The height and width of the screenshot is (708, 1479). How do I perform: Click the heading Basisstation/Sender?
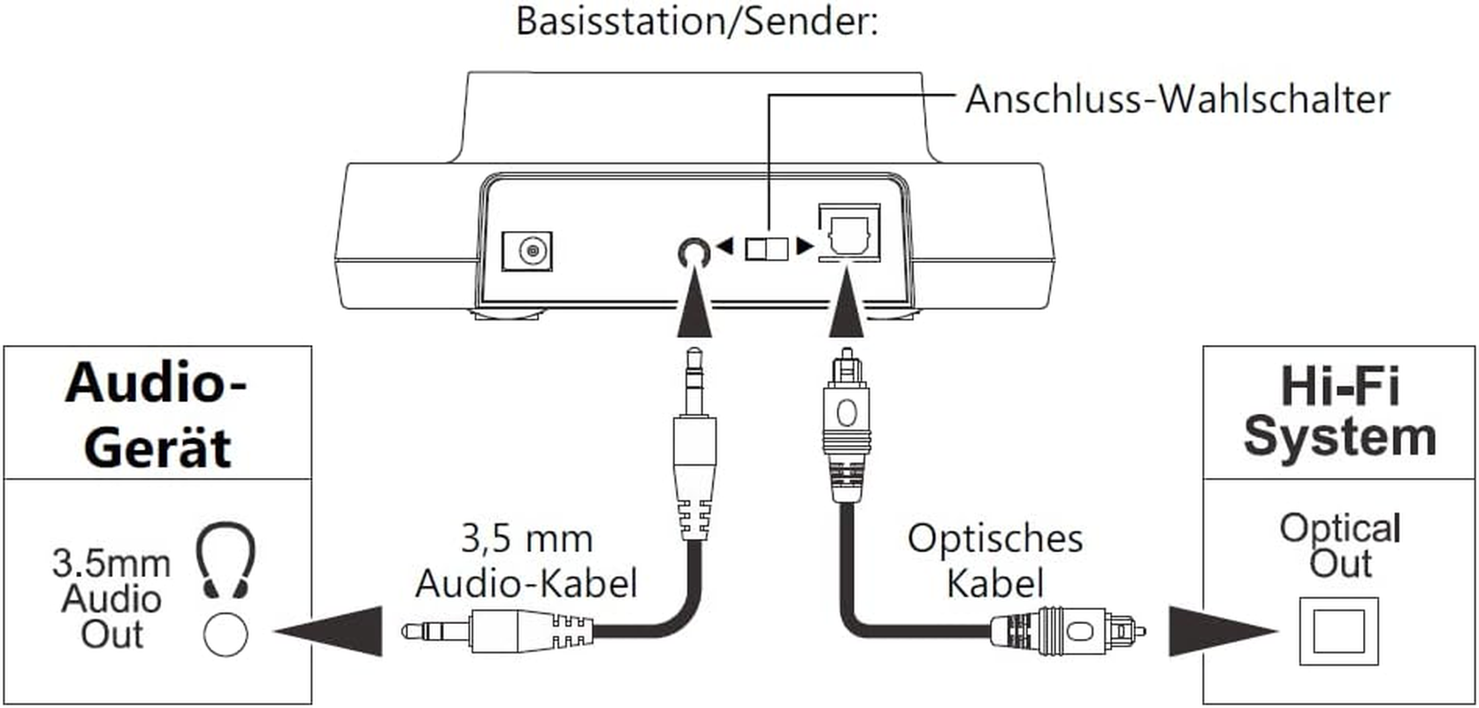[x=696, y=20]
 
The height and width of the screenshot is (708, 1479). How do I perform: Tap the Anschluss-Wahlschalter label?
[x=1176, y=99]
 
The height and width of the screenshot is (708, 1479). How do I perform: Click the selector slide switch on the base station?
[x=766, y=248]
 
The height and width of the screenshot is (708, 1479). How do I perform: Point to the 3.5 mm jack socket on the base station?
[x=693, y=253]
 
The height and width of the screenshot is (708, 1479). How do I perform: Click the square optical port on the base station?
[x=848, y=235]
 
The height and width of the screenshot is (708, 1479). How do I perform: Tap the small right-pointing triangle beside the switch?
[x=804, y=246]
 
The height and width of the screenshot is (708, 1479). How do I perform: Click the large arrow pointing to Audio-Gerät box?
[x=332, y=631]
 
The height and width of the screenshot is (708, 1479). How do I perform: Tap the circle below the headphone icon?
[x=226, y=634]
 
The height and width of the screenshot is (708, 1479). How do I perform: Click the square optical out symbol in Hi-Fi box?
[x=1338, y=632]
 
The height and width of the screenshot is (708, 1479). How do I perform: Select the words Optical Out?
[x=1339, y=545]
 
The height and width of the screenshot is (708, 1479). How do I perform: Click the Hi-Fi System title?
[x=1339, y=411]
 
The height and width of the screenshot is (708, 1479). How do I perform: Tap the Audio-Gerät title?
[x=157, y=414]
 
